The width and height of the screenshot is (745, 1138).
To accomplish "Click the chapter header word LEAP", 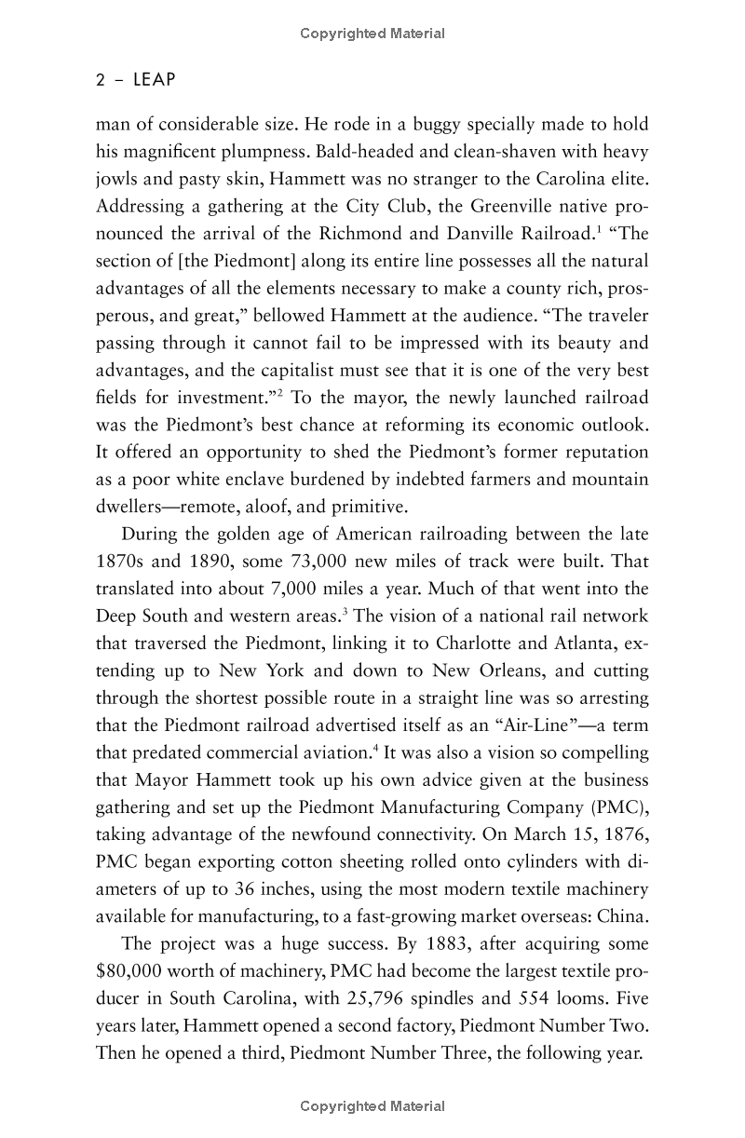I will pos(154,80).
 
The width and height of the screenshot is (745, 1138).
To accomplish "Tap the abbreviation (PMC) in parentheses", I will pos(617,806).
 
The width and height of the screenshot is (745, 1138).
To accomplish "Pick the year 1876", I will pos(624,833).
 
